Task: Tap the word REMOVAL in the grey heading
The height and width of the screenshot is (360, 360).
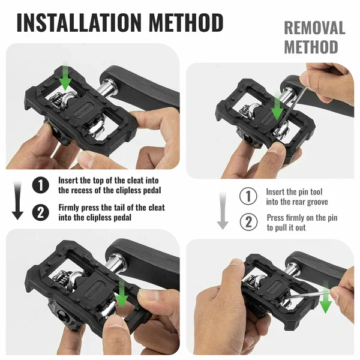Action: tap(314, 28)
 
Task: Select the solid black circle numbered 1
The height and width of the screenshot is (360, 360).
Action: tap(41, 185)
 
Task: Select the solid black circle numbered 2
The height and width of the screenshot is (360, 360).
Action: tap(41, 212)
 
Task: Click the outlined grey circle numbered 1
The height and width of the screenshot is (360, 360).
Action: tap(248, 196)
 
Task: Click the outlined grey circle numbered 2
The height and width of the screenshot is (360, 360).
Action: tap(248, 222)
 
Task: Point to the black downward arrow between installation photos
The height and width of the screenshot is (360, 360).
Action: tap(17, 200)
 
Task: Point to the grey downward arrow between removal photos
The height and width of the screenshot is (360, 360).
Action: tap(223, 211)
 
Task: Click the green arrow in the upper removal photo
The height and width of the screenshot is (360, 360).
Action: tap(277, 106)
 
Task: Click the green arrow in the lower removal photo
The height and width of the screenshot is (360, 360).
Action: tap(326, 298)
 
